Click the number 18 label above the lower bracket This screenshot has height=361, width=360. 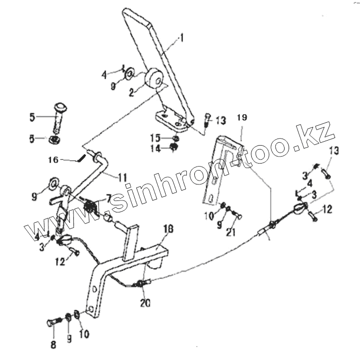coord(168,229)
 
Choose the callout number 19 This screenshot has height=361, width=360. coord(242,118)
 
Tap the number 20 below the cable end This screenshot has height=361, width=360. coord(145,303)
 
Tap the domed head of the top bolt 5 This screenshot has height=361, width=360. coord(60,106)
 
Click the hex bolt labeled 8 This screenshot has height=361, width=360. coord(51,323)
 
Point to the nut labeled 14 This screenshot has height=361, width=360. coord(173,147)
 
